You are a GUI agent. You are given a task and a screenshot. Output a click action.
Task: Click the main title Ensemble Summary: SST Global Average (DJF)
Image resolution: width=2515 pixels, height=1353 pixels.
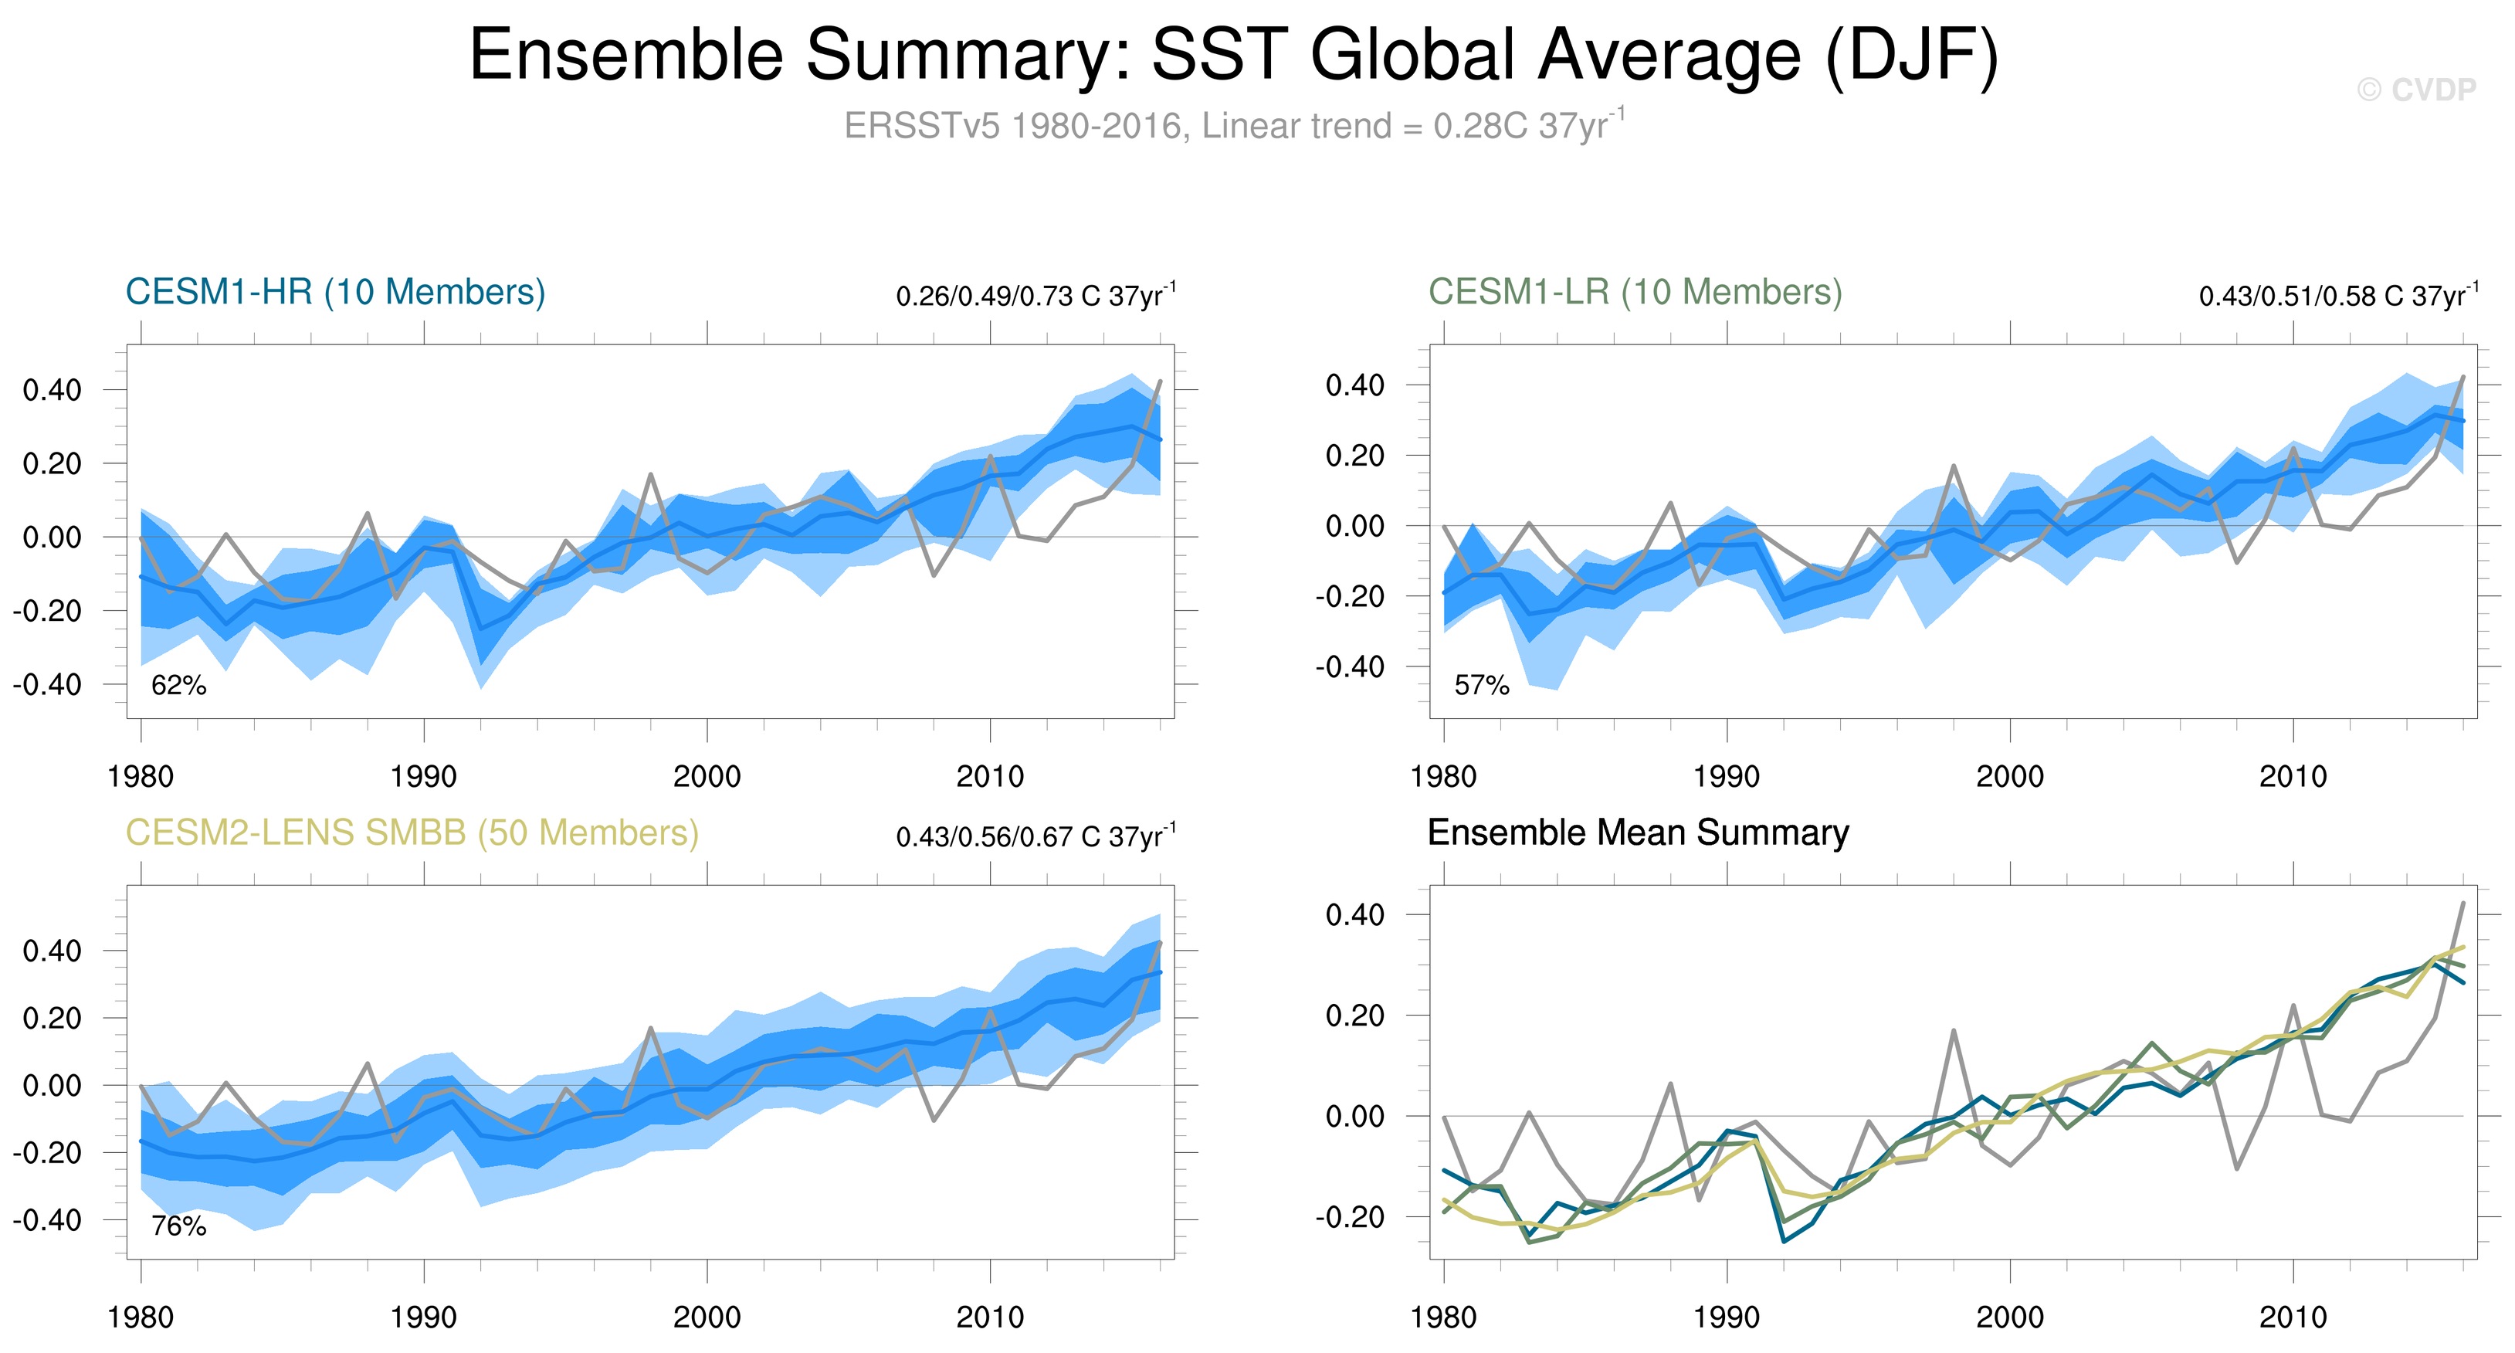pyautogui.click(x=1234, y=55)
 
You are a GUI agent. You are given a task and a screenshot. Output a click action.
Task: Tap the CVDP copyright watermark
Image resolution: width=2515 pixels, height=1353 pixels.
pyautogui.click(x=2415, y=90)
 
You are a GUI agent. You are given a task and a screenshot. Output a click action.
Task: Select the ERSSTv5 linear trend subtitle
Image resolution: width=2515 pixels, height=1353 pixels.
pyautogui.click(x=1234, y=126)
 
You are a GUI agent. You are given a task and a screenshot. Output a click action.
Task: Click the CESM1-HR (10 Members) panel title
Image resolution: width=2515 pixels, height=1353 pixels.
pyautogui.click(x=335, y=292)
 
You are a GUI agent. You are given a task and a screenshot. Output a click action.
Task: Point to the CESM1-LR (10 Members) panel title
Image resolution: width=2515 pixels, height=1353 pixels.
pyautogui.click(x=1635, y=292)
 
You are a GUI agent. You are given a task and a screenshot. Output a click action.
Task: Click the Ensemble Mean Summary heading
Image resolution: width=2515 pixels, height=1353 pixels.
pyautogui.click(x=1637, y=832)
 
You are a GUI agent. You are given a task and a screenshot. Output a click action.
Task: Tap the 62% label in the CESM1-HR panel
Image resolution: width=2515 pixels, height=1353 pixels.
pyautogui.click(x=178, y=685)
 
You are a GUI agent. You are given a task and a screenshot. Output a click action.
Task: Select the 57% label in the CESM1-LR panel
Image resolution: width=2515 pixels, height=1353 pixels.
pyautogui.click(x=1481, y=685)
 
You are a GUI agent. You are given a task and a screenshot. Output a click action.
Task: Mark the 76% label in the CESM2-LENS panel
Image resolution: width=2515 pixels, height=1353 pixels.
pyautogui.click(x=178, y=1226)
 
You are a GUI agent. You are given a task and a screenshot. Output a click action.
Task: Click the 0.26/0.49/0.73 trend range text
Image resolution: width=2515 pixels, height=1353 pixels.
pyautogui.click(x=1035, y=295)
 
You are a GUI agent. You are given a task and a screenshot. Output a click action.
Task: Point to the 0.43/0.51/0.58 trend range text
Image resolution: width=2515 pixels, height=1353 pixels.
pyautogui.click(x=2337, y=295)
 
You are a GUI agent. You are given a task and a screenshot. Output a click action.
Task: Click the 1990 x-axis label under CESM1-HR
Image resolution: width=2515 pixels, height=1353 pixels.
pyautogui.click(x=424, y=777)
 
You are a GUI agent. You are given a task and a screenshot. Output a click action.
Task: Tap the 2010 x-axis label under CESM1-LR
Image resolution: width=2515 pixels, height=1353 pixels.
pyautogui.click(x=2293, y=777)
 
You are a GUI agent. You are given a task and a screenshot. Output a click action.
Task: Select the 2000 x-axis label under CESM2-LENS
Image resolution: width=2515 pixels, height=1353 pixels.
pyautogui.click(x=707, y=1317)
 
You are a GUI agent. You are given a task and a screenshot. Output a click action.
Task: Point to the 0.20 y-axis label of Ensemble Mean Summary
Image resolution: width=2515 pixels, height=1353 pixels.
pyautogui.click(x=1354, y=1016)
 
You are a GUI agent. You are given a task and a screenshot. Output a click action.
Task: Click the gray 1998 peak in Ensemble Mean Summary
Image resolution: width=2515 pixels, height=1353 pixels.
pyautogui.click(x=1954, y=1030)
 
